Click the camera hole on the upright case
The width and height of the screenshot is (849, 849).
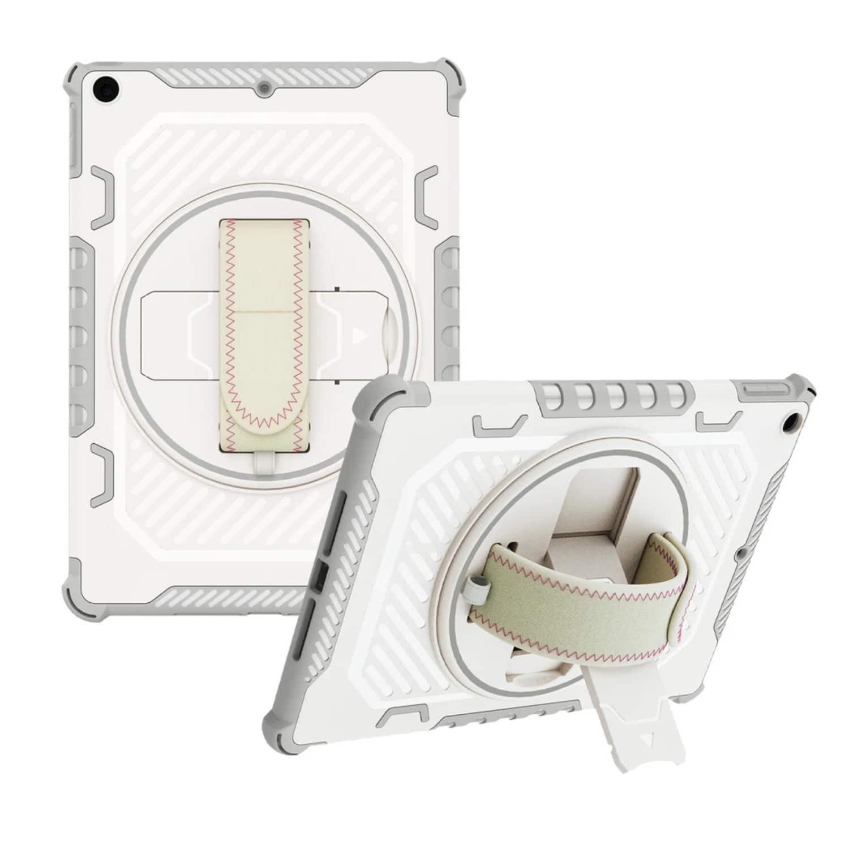coord(106,88)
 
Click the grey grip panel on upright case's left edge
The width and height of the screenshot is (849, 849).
coord(80,328)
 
